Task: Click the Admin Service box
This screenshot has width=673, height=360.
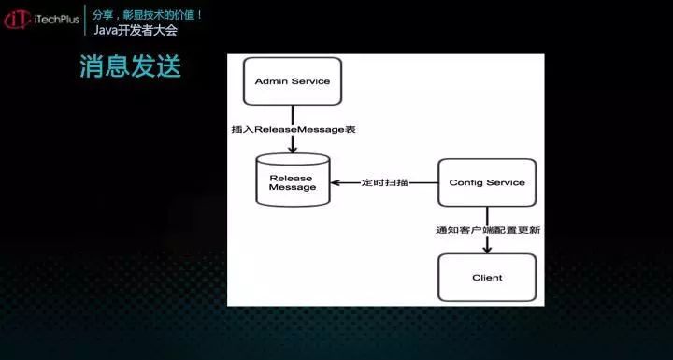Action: pyautogui.click(x=292, y=81)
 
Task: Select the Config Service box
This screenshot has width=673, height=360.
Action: pyautogui.click(x=487, y=182)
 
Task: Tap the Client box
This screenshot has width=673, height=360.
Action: pyautogui.click(x=487, y=278)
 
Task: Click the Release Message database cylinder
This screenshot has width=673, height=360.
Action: pyautogui.click(x=293, y=182)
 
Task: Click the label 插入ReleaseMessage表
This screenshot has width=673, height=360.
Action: pyautogui.click(x=293, y=127)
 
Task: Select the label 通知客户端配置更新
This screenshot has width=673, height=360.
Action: pyautogui.click(x=487, y=229)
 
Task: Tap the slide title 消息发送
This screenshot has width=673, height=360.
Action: pyautogui.click(x=130, y=66)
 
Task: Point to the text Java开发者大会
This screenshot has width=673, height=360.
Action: pyautogui.click(x=136, y=31)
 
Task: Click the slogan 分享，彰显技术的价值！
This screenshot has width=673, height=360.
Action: pyautogui.click(x=149, y=14)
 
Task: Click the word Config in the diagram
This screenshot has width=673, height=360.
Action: pyautogui.click(x=465, y=182)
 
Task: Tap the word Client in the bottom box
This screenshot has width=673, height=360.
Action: pyautogui.click(x=487, y=278)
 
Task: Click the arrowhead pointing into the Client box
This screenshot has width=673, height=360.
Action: pyautogui.click(x=487, y=249)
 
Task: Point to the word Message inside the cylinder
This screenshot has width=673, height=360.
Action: pyautogui.click(x=293, y=188)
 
